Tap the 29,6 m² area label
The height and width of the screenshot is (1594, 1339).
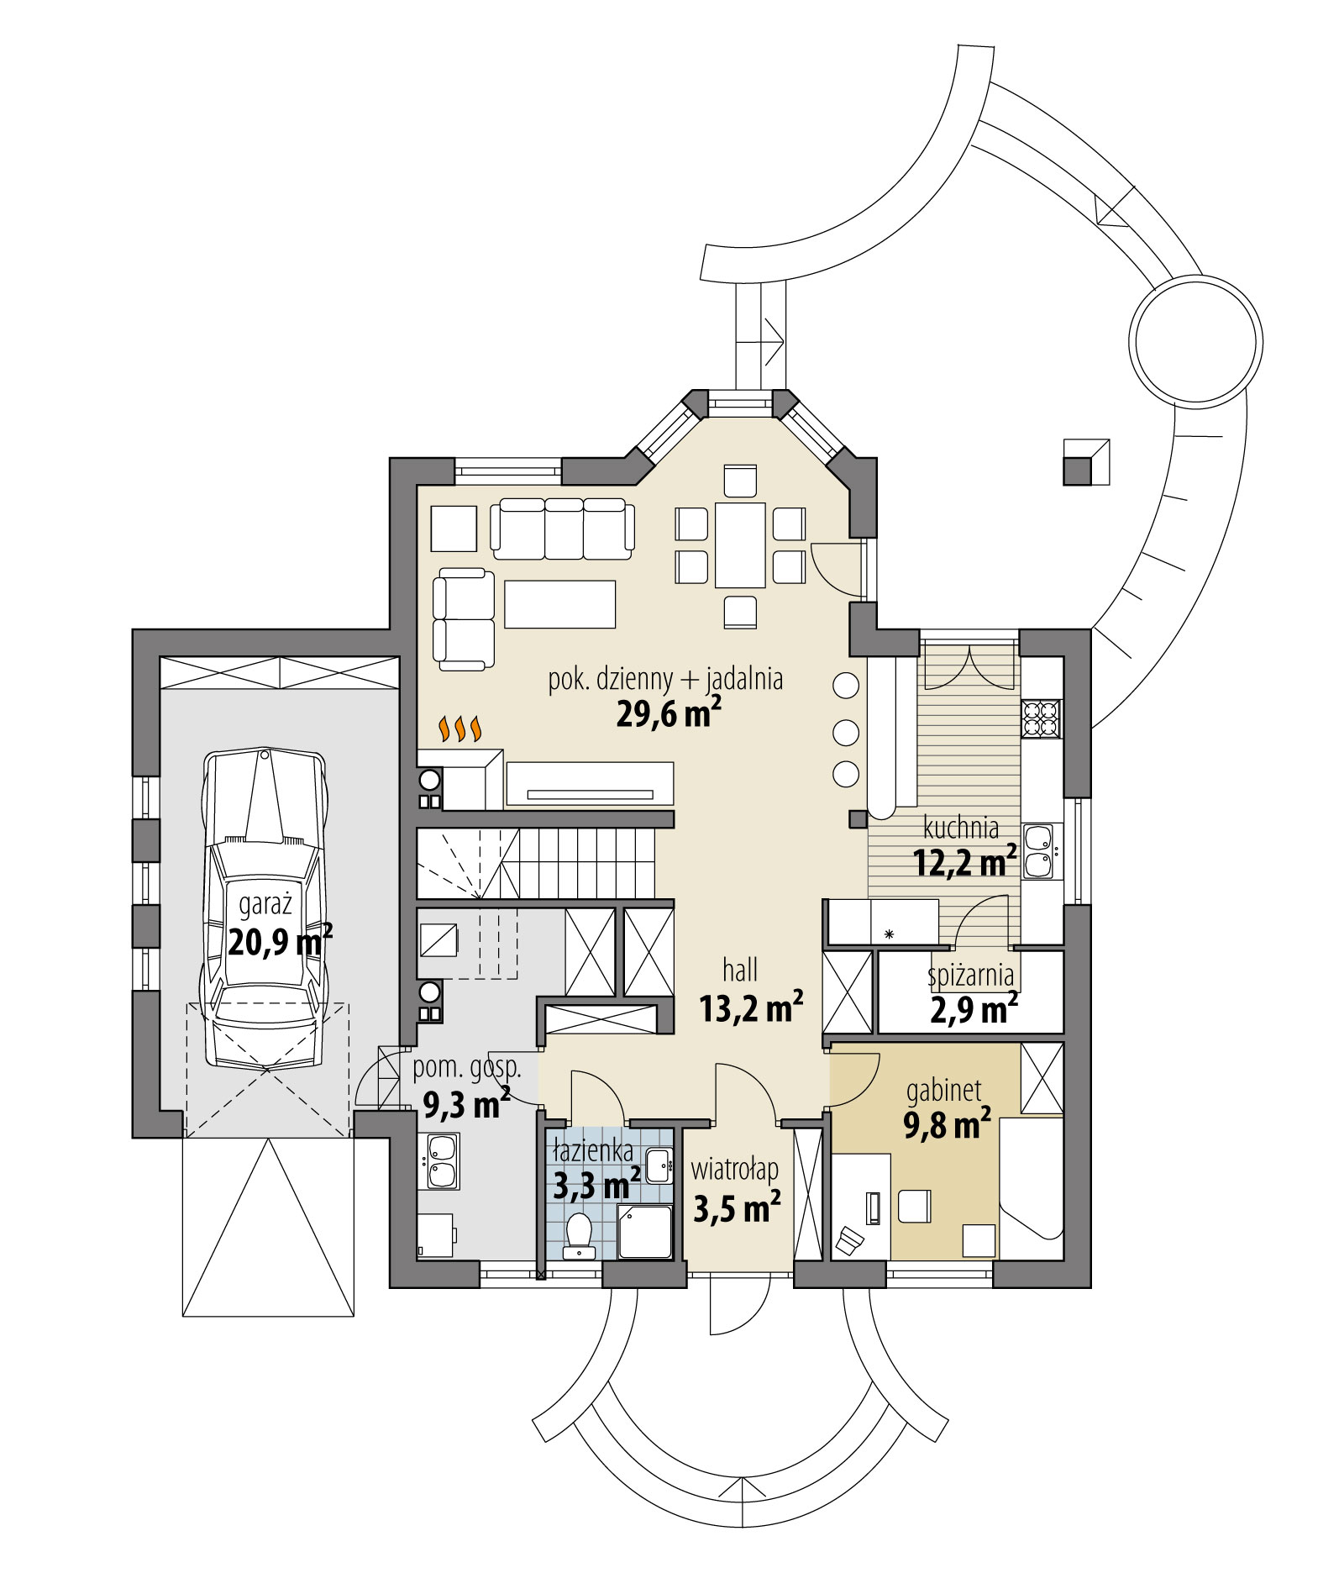(669, 713)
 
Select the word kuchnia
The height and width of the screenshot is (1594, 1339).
(961, 828)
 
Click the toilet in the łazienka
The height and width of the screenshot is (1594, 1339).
(580, 1235)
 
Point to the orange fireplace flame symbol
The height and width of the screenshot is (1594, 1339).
(461, 729)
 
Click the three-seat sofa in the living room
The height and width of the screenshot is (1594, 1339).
(562, 529)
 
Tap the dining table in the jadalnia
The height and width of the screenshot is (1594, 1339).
(740, 544)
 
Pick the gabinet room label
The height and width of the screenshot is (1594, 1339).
(944, 1091)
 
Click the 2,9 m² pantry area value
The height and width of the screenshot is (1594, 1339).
(974, 1009)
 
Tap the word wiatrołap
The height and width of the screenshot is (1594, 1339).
(734, 1170)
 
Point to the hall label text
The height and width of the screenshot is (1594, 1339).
(740, 971)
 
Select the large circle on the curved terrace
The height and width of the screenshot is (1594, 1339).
(1196, 342)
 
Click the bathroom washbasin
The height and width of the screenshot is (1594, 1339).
(659, 1162)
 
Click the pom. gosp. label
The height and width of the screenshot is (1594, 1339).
(467, 1068)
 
